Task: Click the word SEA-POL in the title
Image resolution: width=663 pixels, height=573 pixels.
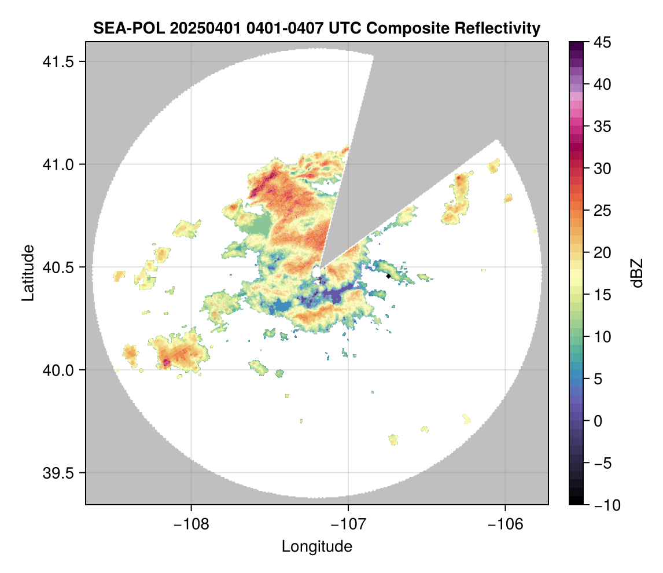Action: pyautogui.click(x=120, y=28)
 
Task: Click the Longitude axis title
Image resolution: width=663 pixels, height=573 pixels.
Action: pyautogui.click(x=317, y=546)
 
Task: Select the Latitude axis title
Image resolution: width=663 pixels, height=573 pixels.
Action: pyautogui.click(x=28, y=273)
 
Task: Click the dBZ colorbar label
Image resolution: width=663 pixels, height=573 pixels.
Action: pyautogui.click(x=637, y=273)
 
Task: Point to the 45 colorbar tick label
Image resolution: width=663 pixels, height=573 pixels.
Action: pyautogui.click(x=601, y=42)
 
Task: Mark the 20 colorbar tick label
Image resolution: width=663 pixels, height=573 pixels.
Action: pyautogui.click(x=601, y=253)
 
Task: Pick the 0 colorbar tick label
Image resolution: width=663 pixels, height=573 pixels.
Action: pyautogui.click(x=598, y=421)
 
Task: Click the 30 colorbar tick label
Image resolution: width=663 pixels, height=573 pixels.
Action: pyautogui.click(x=601, y=168)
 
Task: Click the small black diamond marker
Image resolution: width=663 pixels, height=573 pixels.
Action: pyautogui.click(x=388, y=276)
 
